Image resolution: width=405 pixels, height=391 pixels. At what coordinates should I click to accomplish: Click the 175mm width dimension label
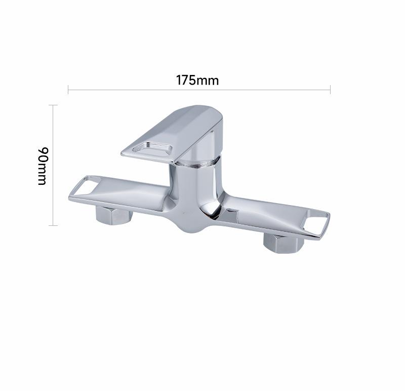coord(197,80)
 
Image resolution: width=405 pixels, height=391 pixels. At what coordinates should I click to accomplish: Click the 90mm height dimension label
coord(43,166)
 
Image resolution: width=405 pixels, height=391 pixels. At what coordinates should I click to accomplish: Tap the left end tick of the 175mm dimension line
coord(68,90)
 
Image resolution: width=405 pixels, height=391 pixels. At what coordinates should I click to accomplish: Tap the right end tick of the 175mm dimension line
coord(330,90)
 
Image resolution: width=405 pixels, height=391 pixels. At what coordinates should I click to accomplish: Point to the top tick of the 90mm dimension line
coord(53,105)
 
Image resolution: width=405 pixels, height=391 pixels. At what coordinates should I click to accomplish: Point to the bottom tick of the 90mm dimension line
coord(53,225)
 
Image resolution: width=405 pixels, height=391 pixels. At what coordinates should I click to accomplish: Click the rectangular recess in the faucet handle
coord(152,149)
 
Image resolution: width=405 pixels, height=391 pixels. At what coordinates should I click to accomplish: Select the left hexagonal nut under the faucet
coord(114,216)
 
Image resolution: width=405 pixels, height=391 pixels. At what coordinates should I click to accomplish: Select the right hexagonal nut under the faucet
coord(283,243)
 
